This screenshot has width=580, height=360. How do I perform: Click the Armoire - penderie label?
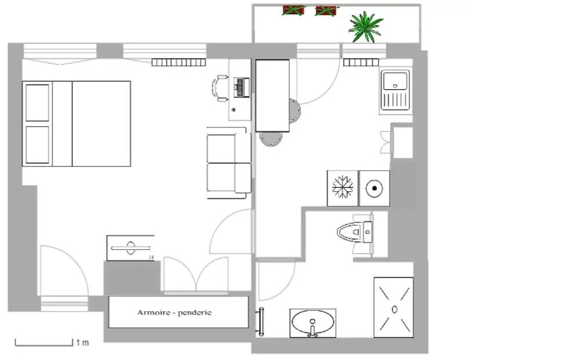click(174, 312)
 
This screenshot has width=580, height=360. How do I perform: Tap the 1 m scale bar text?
click(82, 343)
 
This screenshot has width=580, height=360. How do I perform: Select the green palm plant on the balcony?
click(365, 26)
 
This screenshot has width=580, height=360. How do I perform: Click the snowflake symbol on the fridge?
click(342, 188)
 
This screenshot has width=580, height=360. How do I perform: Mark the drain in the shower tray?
click(394, 308)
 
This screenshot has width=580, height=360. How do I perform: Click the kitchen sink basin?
click(396, 82)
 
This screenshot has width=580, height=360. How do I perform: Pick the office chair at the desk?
click(220, 88)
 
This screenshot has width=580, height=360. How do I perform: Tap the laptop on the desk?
click(240, 88)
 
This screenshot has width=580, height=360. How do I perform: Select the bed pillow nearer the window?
click(38, 102)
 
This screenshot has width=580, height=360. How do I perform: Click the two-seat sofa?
click(229, 163)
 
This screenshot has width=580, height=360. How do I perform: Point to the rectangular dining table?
click(272, 96)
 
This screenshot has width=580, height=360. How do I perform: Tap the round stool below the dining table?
click(271, 138)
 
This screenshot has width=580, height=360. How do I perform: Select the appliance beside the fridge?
click(374, 188)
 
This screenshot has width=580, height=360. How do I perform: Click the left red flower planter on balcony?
click(293, 10)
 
